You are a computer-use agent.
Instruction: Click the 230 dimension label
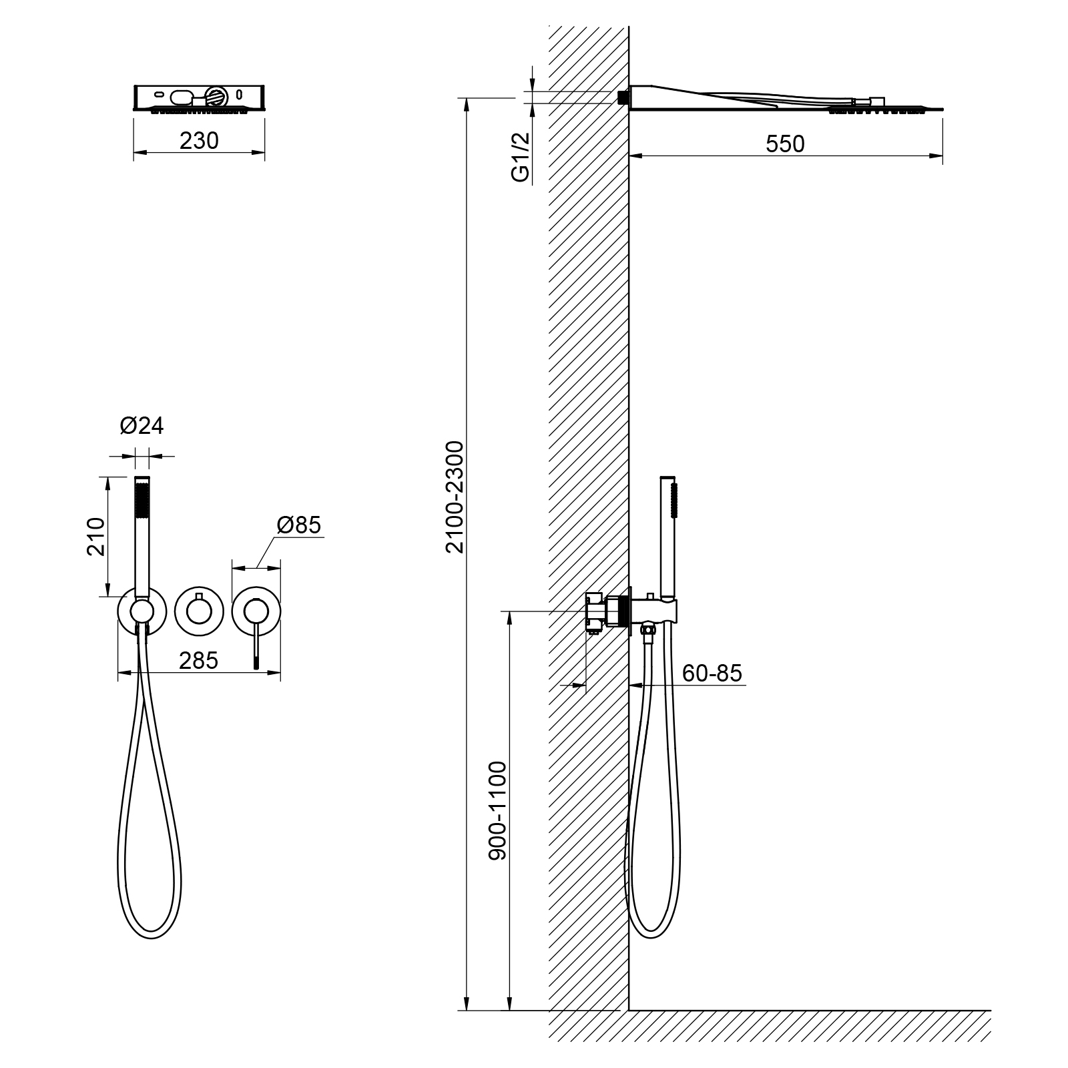pyautogui.click(x=199, y=141)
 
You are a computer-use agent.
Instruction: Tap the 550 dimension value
pyautogui.click(x=785, y=144)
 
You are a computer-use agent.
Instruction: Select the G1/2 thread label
pyautogui.click(x=520, y=157)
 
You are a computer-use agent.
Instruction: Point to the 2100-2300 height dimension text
pyautogui.click(x=455, y=497)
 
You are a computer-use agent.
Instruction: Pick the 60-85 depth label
pyautogui.click(x=712, y=674)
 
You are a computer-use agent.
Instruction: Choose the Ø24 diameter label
pyautogui.click(x=142, y=425)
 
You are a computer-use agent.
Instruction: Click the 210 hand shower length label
pyautogui.click(x=96, y=537)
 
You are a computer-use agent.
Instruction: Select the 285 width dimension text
pyautogui.click(x=199, y=660)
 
